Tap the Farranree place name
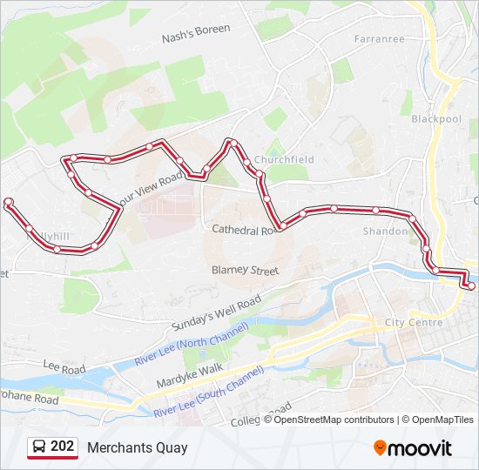(380, 38)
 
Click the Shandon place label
(385, 232)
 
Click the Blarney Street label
(245, 271)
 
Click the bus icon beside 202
(39, 447)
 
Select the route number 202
(62, 447)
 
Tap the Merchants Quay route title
(137, 448)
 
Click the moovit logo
(413, 448)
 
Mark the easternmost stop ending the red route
(471, 285)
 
